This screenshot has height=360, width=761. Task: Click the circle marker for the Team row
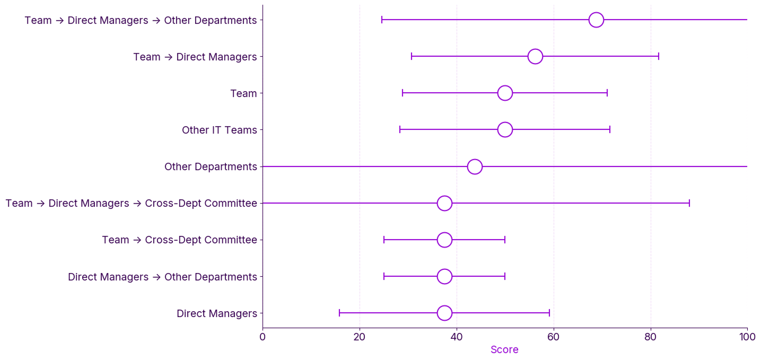[505, 93]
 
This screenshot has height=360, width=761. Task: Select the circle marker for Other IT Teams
[505, 130]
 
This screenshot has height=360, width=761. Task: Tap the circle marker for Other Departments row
[475, 166]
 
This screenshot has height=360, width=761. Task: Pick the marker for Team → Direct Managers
[535, 57]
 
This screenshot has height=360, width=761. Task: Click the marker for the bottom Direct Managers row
[444, 313]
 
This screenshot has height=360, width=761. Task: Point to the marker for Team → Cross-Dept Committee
[444, 240]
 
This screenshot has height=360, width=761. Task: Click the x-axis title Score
[504, 350]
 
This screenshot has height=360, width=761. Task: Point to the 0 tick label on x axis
[263, 337]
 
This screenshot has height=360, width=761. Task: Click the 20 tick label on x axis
[360, 337]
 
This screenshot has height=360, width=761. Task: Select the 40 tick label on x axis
[457, 337]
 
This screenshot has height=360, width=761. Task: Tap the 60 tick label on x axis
[554, 337]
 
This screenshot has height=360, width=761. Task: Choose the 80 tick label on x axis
[651, 337]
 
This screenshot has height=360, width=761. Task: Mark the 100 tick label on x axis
[747, 337]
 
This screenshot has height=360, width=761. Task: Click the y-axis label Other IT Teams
[219, 130]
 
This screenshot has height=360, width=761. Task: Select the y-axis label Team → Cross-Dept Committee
[179, 240]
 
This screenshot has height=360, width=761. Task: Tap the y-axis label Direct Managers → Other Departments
[162, 277]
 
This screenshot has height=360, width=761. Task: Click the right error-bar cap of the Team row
[607, 93]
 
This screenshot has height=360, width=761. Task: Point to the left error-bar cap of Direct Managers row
[339, 313]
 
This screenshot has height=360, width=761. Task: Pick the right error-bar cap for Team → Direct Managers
[659, 57]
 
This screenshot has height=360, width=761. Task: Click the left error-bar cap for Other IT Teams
[400, 130]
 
